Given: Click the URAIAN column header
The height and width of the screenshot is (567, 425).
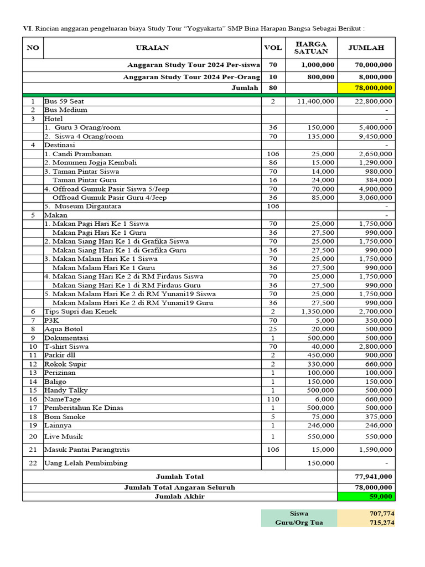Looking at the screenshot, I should (x=152, y=48).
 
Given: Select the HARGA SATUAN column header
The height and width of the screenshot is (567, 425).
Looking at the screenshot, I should (x=311, y=48).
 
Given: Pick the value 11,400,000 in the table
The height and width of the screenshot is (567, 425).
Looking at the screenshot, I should (x=315, y=101).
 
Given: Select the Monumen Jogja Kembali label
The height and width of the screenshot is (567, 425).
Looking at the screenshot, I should (x=91, y=163).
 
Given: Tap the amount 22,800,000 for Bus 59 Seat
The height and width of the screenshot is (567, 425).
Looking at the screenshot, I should (x=374, y=101).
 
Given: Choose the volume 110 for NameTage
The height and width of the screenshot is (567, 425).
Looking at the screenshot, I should (x=273, y=399).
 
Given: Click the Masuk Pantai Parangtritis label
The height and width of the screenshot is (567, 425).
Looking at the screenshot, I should (x=87, y=450).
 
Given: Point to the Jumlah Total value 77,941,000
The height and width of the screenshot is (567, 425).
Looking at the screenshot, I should (x=374, y=477).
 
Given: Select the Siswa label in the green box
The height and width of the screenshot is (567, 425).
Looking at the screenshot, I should (x=299, y=514).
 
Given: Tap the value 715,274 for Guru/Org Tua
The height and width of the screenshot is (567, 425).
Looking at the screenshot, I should (x=381, y=523).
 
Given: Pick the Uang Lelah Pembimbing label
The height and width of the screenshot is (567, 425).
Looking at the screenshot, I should (x=86, y=463).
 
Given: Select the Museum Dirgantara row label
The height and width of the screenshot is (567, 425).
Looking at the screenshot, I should (x=83, y=207).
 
